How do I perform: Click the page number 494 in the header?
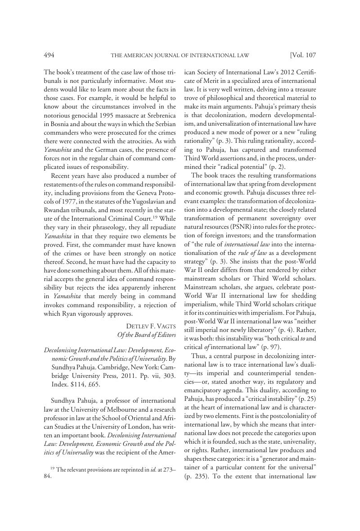[x=49, y=55]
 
